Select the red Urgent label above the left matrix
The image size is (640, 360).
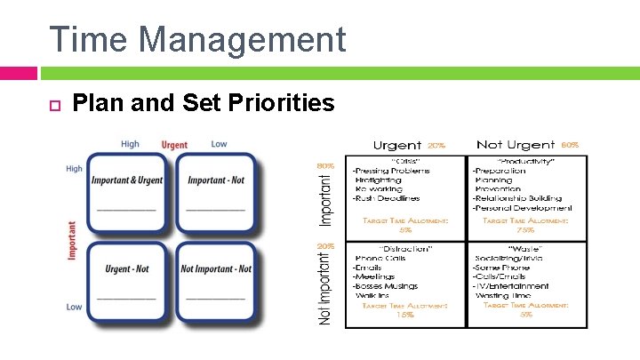[x=174, y=145]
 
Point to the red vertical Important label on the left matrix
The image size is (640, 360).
[x=72, y=240]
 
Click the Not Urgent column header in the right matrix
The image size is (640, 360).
[x=516, y=144]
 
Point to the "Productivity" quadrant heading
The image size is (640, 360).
[x=528, y=161]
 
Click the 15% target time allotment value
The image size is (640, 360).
[x=404, y=315]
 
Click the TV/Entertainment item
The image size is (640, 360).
[x=511, y=286]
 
